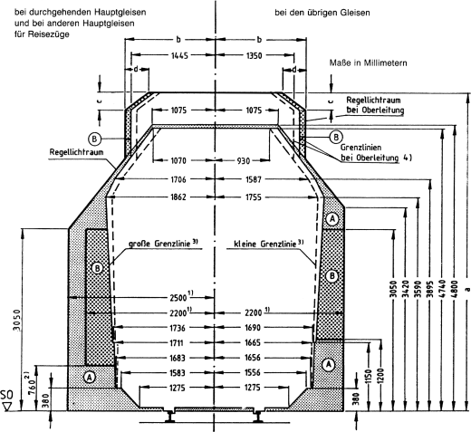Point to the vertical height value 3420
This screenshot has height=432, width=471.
(x=393, y=293)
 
